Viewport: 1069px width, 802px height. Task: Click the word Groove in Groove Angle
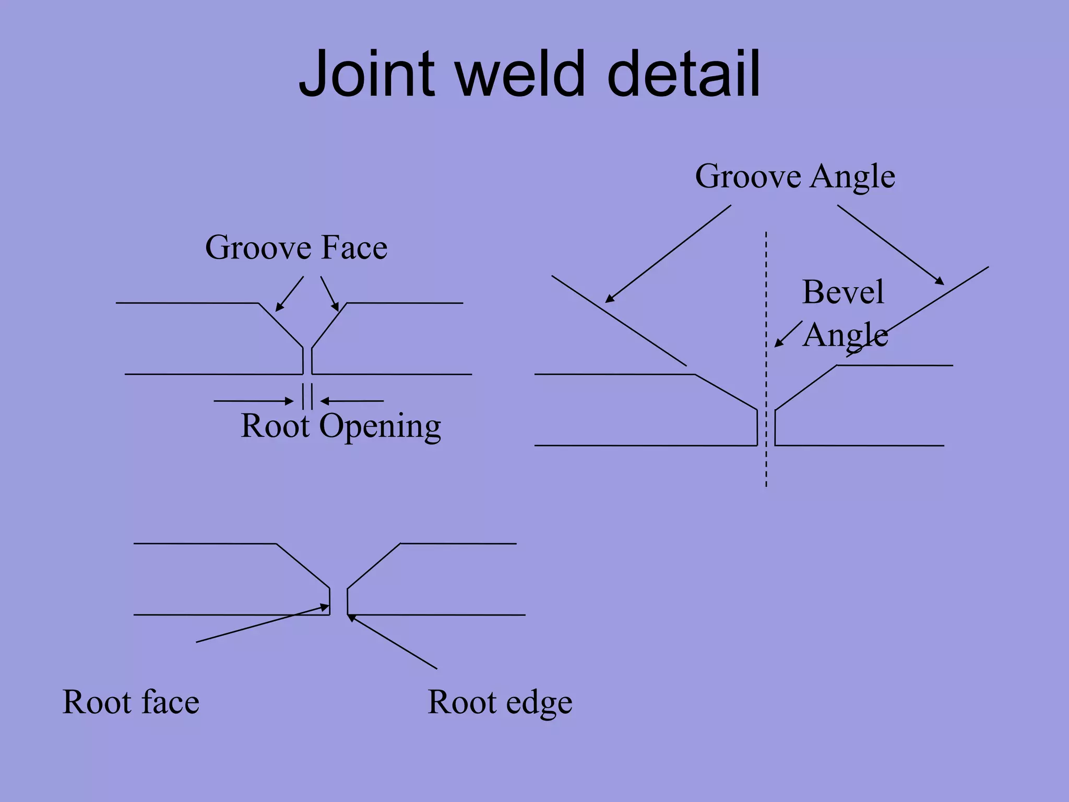tap(747, 176)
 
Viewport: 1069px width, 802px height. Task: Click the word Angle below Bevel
tap(845, 336)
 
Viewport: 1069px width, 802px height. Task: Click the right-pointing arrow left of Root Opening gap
tap(254, 401)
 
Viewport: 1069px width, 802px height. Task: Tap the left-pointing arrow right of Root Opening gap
tap(352, 401)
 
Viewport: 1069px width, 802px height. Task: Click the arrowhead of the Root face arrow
tap(325, 607)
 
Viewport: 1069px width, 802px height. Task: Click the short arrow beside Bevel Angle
tap(788, 334)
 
